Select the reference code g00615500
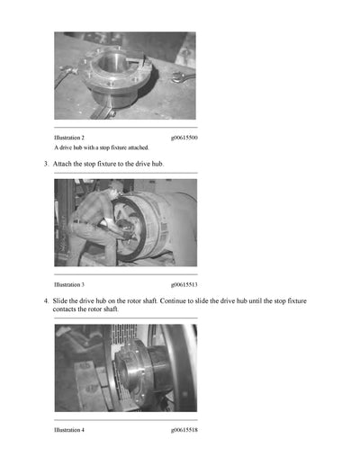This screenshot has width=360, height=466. tap(184, 138)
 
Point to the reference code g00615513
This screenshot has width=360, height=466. tap(184, 283)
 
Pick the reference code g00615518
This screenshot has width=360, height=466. tap(184, 430)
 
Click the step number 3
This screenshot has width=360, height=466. tap(46, 164)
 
